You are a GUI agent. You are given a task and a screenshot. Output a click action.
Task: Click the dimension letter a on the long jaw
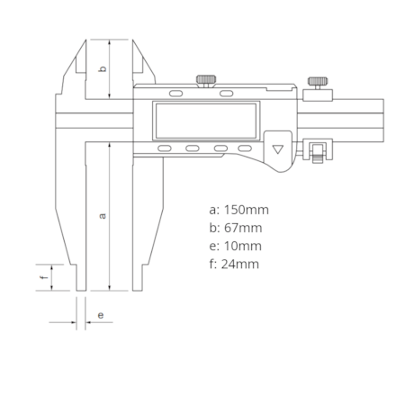click(x=103, y=216)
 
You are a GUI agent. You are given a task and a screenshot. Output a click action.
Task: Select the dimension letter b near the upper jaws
click(x=103, y=68)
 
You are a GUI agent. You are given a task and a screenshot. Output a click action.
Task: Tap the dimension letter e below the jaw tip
click(x=101, y=315)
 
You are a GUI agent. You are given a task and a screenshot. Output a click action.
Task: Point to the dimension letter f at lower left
click(x=44, y=277)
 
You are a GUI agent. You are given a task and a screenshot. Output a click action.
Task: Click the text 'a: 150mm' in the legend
click(x=238, y=210)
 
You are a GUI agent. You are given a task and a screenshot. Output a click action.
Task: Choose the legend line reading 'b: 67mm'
click(x=236, y=228)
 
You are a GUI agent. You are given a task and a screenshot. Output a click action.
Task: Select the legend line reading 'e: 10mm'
click(x=235, y=246)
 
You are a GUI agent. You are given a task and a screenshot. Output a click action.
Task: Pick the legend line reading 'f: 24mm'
click(x=234, y=265)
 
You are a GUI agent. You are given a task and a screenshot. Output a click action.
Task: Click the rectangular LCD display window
click(x=206, y=121)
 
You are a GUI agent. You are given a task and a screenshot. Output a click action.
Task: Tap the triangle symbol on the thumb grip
click(x=278, y=149)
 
